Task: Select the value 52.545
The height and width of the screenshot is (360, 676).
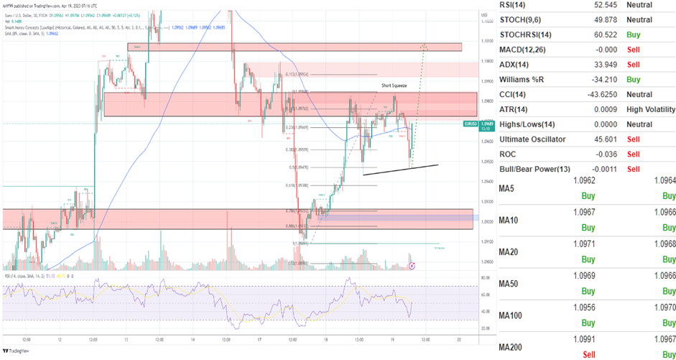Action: click(x=585, y=5)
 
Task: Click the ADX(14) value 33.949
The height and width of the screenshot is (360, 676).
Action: click(x=585, y=65)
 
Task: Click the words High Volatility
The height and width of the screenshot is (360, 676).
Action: click(x=650, y=109)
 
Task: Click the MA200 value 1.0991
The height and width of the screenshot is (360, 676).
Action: click(x=585, y=338)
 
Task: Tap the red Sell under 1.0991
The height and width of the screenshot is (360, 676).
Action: click(x=588, y=353)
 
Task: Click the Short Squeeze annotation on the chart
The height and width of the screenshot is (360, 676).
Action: click(x=394, y=86)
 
